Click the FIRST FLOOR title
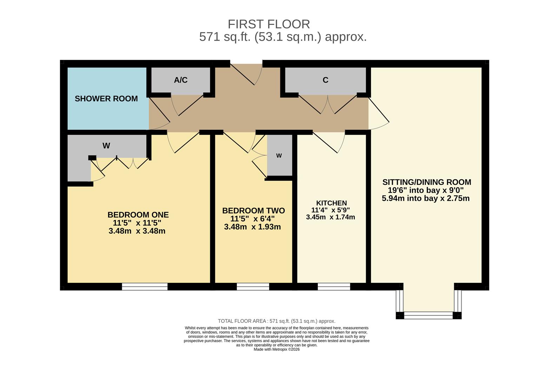[269, 24]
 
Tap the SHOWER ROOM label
[106, 99]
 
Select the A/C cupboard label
[180, 80]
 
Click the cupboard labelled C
[325, 80]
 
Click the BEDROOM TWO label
[253, 211]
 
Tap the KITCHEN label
[331, 203]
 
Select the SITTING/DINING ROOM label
[426, 182]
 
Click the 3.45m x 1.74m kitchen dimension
[330, 217]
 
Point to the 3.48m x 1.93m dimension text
[252, 227]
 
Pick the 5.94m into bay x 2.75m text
[425, 198]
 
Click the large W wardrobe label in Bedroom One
[106, 146]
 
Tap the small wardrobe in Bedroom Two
[279, 155]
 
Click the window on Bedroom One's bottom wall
[145, 287]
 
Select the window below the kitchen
[334, 287]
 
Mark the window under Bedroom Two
[253, 287]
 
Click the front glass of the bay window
[428, 315]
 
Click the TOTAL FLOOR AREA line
[276, 321]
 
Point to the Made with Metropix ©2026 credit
[276, 350]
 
